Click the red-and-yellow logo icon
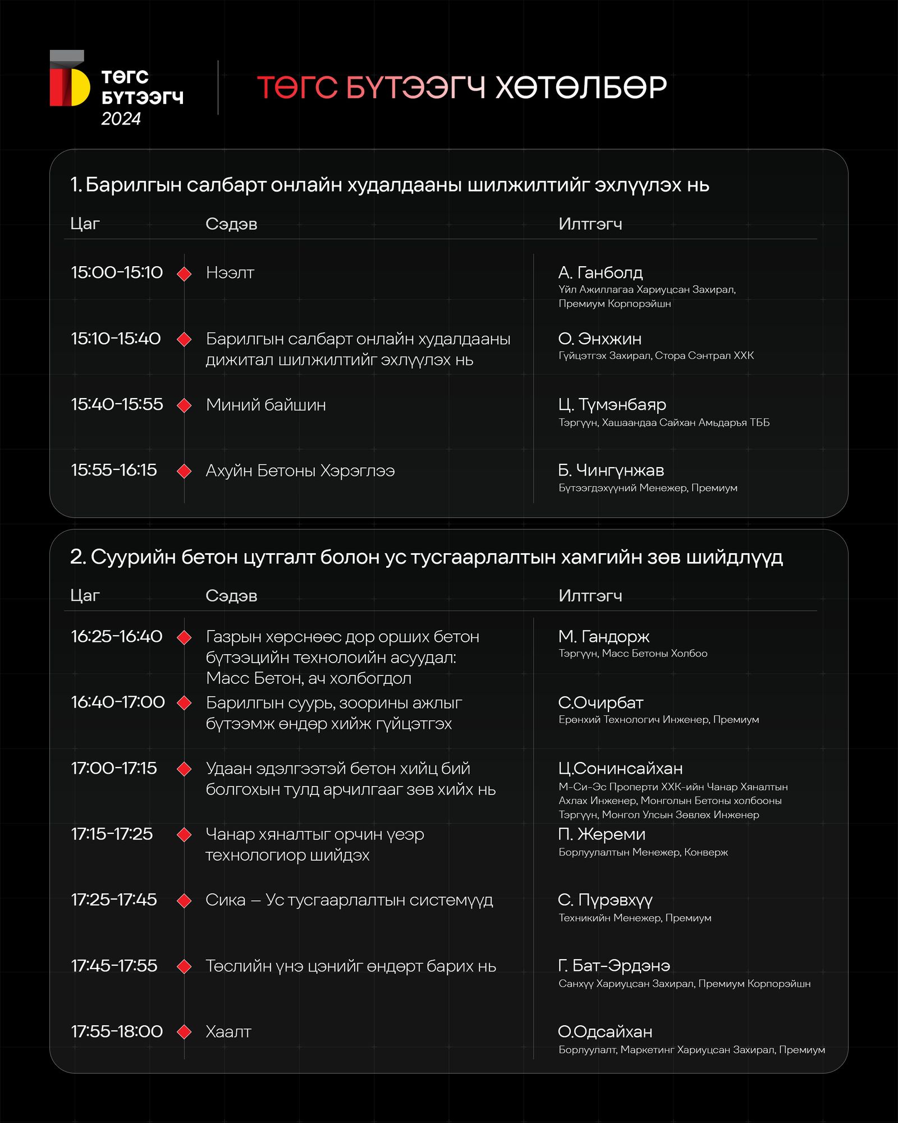click(x=70, y=80)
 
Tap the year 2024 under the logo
click(x=121, y=119)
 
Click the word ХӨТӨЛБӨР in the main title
click(x=581, y=88)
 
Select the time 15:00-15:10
click(x=117, y=273)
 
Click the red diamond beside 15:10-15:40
click(x=184, y=340)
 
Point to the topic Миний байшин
click(x=265, y=405)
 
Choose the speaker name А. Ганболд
click(x=600, y=273)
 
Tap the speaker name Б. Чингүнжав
click(x=611, y=471)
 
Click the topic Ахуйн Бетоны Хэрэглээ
click(x=300, y=471)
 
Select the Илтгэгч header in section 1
click(x=590, y=224)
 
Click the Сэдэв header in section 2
click(x=231, y=596)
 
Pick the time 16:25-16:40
click(x=117, y=637)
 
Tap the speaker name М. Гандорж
click(x=603, y=637)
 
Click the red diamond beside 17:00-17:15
click(x=184, y=769)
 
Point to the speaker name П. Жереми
click(x=602, y=834)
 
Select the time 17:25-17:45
click(x=114, y=900)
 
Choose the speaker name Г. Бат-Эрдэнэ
click(x=614, y=966)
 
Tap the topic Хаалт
click(x=228, y=1032)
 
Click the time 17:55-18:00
click(x=117, y=1032)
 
